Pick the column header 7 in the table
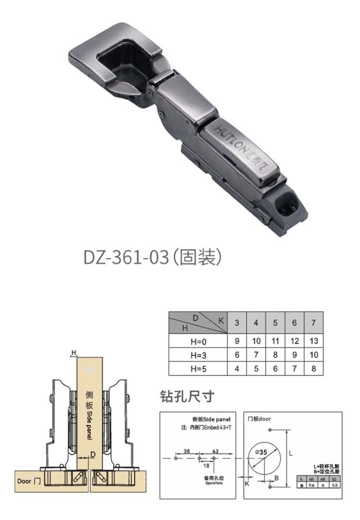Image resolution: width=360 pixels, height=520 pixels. tap(313, 323)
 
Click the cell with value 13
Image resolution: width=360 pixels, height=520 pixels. tap(313, 341)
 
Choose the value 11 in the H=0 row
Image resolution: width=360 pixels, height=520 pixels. tap(275, 341)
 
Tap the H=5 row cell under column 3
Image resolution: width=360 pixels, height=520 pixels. tap(237, 369)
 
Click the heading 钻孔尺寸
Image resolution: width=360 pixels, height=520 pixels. tap(187, 397)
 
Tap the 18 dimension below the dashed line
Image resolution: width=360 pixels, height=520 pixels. tap(206, 465)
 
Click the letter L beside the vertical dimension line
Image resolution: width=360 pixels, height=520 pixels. tap(291, 452)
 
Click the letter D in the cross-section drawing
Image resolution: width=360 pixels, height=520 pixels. tap(93, 453)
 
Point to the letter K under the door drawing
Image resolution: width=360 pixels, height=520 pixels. tap(247, 484)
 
